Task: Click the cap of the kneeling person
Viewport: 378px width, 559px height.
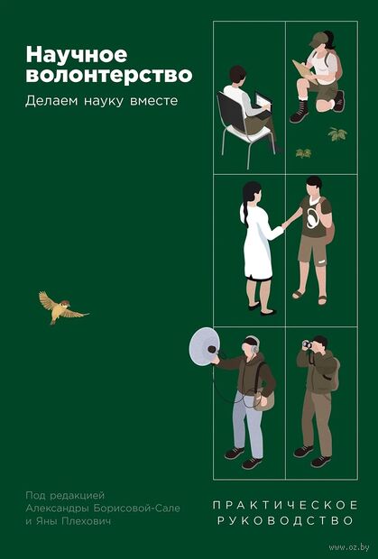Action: coord(318,39)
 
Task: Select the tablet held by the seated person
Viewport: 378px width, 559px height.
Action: coord(263,99)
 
